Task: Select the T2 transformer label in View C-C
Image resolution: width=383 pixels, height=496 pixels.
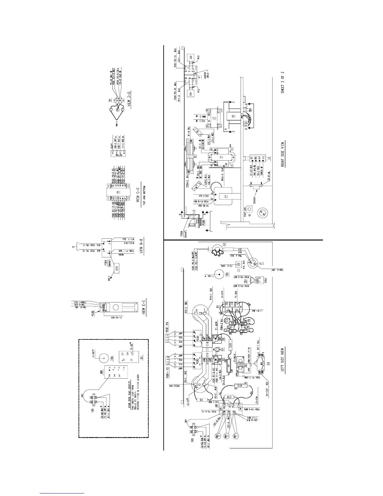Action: (x=118, y=192)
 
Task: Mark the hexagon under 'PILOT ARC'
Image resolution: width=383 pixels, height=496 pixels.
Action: (x=249, y=209)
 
